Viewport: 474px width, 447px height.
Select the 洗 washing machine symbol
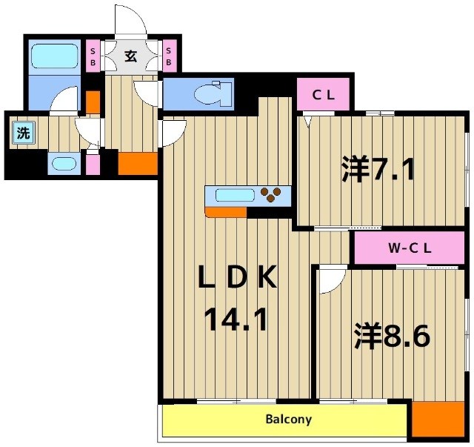pos(23,134)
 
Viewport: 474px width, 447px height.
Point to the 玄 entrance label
pos(130,56)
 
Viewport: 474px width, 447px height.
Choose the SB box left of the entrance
pos(93,56)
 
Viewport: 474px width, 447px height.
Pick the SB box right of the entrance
pos(168,56)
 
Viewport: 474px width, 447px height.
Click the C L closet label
pos(324,94)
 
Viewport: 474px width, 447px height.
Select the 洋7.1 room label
pos(378,169)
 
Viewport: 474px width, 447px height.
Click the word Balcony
pos(288,420)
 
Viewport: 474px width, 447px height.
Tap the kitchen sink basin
pos(234,196)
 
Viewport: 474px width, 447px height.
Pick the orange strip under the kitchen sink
pos(226,213)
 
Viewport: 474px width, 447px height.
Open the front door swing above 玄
pos(130,22)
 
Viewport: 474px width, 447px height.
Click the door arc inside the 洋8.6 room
pos(331,281)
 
